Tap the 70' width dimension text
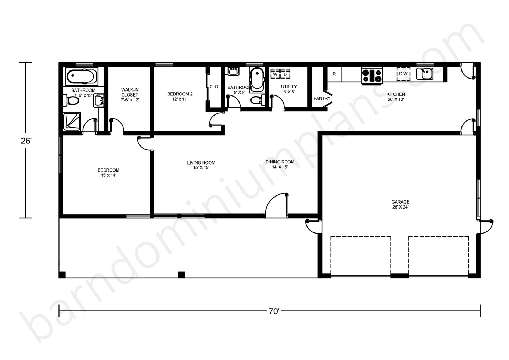pos(274,311)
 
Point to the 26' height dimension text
pos(26,141)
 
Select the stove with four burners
pos(372,76)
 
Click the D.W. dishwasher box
pos(404,74)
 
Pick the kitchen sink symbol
pos(424,74)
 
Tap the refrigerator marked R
pos(334,74)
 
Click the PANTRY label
pos(322,98)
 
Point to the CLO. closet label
pos(214,87)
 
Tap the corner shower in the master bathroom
pos(72,122)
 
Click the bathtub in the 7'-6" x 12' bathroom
pos(82,76)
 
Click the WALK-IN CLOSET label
pos(130,95)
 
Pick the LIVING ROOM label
pos(201,163)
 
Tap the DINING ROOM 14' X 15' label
pos(280,164)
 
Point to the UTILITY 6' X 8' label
pos(289,89)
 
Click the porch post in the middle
pos(181,274)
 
